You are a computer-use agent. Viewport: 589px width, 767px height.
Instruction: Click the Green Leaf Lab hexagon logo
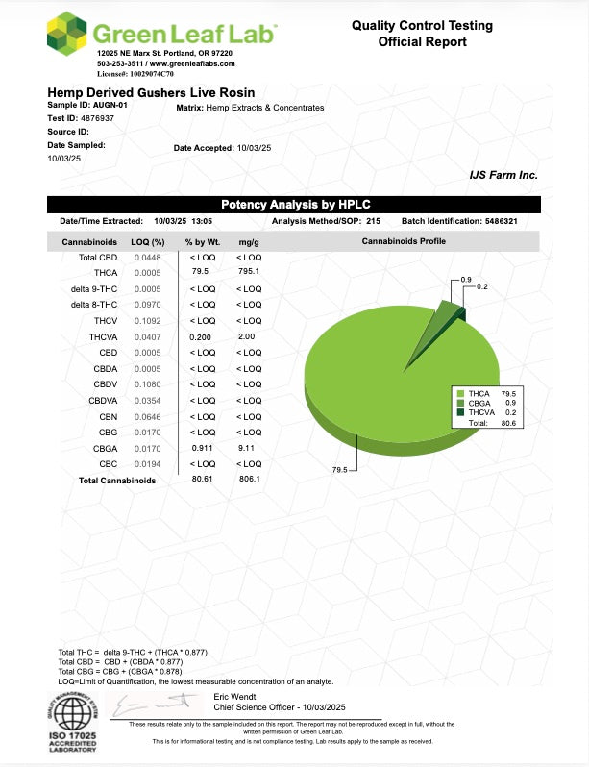(68, 35)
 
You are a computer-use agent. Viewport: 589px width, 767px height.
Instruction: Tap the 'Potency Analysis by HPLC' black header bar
(294, 205)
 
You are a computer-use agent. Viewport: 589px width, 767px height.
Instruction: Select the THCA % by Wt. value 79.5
(199, 273)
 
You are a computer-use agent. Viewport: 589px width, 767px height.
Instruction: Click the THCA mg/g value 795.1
(248, 273)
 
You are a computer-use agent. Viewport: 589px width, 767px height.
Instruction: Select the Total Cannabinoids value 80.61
(202, 479)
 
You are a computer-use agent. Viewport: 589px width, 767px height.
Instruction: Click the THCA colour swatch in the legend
(461, 394)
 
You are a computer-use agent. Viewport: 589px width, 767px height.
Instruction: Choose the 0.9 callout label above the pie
(466, 279)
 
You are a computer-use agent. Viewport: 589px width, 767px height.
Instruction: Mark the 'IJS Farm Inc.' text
(503, 175)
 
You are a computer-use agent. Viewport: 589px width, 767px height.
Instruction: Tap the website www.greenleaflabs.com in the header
(194, 63)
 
